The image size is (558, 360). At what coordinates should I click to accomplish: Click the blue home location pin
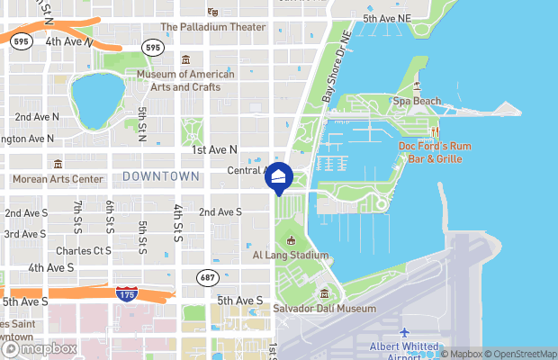[x=279, y=177]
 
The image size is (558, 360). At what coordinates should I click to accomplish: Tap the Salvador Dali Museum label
[x=325, y=308]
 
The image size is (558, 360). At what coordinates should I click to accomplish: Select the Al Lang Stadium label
[x=290, y=255]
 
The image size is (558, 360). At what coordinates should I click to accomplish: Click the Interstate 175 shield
[x=127, y=293]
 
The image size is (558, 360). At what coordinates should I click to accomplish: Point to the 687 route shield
[x=208, y=277]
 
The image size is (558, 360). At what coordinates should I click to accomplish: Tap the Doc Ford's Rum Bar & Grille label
[x=431, y=152]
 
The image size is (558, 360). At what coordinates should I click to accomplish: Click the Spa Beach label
[x=417, y=101]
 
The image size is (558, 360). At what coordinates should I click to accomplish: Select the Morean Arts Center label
[x=58, y=178]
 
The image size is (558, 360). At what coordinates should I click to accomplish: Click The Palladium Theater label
[x=213, y=27]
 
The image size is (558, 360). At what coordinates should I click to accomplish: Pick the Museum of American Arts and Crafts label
[x=185, y=80]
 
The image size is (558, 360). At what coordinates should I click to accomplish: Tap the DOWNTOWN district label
[x=161, y=175]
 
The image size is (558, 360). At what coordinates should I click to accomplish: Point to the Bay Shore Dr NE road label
[x=335, y=76]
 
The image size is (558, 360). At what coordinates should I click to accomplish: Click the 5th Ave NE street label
[x=386, y=18]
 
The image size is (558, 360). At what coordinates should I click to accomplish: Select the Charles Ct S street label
[x=83, y=250]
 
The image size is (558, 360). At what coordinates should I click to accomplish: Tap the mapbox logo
[x=40, y=348]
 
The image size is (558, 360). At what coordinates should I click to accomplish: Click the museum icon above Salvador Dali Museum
[x=325, y=293]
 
